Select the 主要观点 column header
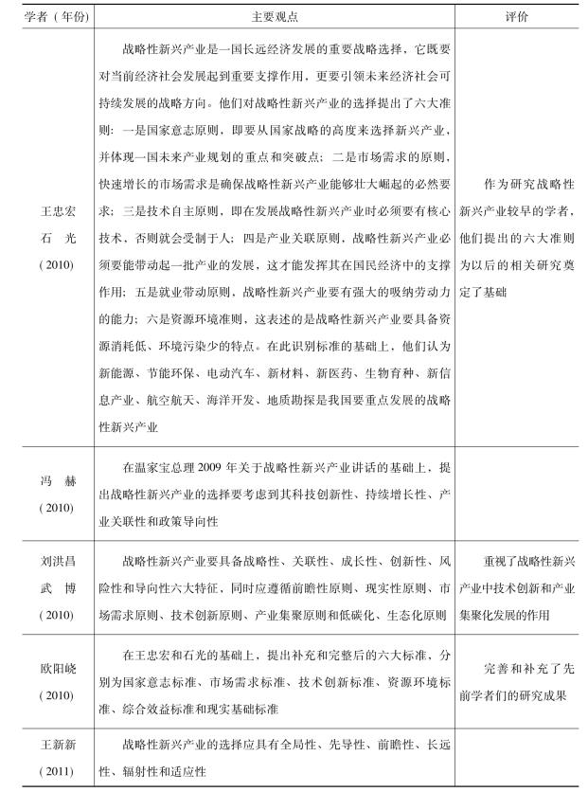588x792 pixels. point(274,16)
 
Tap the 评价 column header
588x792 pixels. point(519,16)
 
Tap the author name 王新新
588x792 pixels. point(49,746)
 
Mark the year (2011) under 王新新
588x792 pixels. point(49,772)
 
